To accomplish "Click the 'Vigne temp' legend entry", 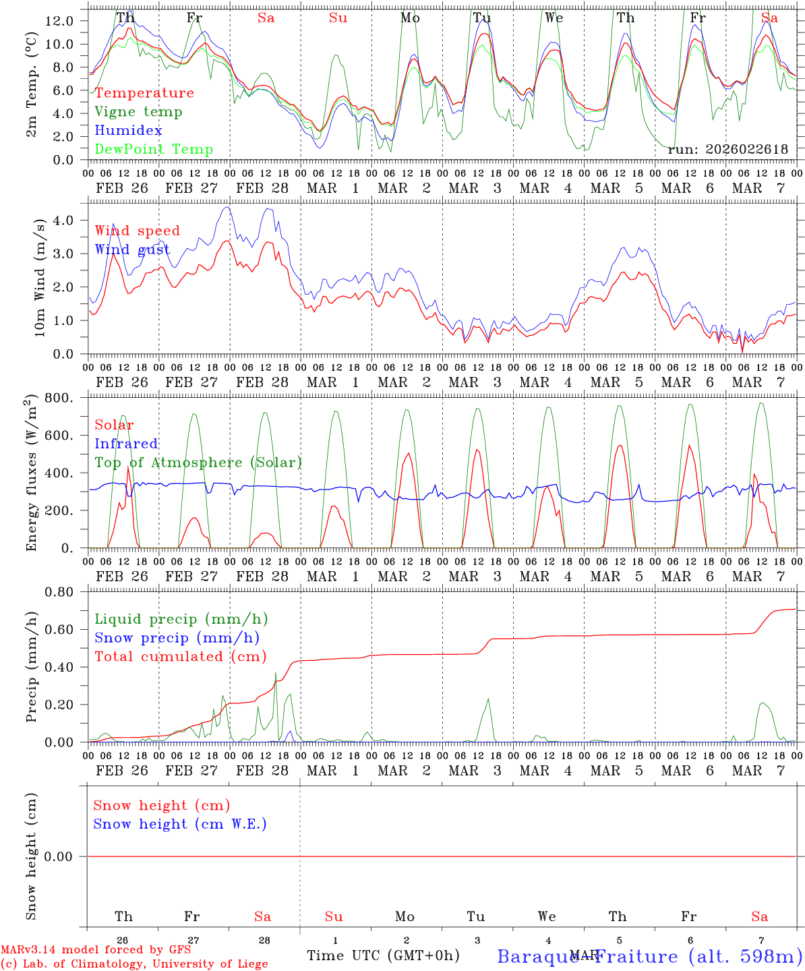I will pos(138,112).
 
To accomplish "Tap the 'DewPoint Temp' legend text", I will pos(154,150).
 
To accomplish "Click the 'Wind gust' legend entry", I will pos(132,249).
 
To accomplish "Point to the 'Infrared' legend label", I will pos(126,444).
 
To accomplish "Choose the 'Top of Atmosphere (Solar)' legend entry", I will pos(198,463).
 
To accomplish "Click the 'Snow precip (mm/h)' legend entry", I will pos(177,638).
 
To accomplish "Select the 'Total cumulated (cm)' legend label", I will pos(180,657).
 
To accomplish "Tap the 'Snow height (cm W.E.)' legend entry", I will pos(180,824).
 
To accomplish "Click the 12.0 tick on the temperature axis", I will pos(59,21).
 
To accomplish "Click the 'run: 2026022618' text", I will pos(727,149).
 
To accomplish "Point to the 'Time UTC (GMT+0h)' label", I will pos(384,955).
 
